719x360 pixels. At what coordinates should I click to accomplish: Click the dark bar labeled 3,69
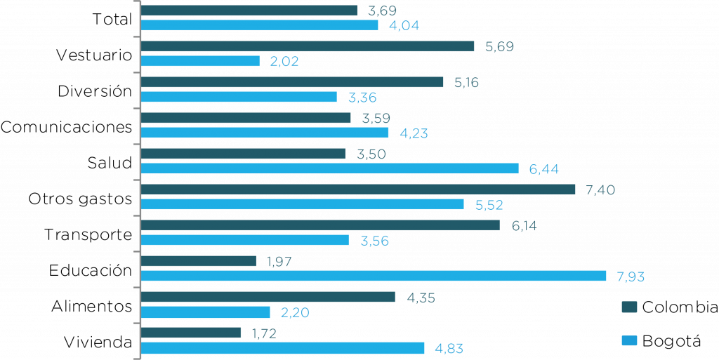tap(249, 11)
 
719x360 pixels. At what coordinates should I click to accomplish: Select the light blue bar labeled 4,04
tap(260, 25)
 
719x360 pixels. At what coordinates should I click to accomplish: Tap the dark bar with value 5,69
tap(308, 46)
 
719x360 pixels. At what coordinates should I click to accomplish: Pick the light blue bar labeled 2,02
tap(200, 61)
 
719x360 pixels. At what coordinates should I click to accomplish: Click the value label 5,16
tap(467, 82)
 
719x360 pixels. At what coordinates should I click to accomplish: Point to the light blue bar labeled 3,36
tap(239, 97)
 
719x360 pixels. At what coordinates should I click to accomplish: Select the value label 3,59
tap(376, 118)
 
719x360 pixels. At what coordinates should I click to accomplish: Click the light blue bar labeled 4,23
tap(265, 133)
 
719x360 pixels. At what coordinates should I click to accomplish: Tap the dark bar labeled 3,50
tap(243, 154)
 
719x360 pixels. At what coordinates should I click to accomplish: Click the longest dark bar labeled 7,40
tap(358, 189)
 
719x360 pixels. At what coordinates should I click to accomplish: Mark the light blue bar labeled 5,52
tap(303, 204)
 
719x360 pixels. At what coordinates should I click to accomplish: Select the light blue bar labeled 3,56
tap(245, 240)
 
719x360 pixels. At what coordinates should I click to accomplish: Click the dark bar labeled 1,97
tap(199, 261)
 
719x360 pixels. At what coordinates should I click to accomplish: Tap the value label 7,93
tap(631, 276)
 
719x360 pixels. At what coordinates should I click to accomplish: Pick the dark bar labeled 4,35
tap(268, 297)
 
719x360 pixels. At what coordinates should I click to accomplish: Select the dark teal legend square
tap(629, 307)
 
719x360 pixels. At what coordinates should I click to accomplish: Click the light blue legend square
tap(629, 340)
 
